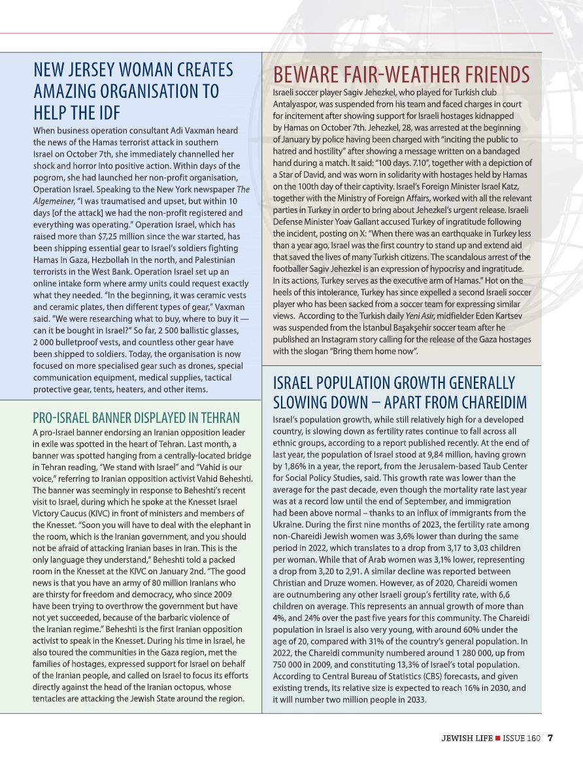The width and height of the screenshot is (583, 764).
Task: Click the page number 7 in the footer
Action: click(550, 739)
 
